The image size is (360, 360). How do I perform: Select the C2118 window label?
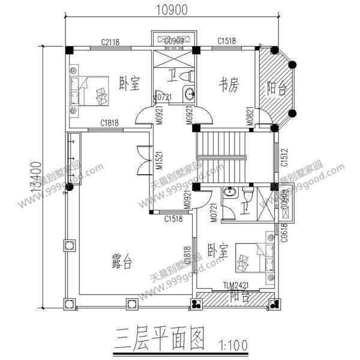112,41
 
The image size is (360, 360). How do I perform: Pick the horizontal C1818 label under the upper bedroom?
109,123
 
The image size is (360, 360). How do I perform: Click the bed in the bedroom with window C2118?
89,90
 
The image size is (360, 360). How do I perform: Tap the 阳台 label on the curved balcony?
276,88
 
